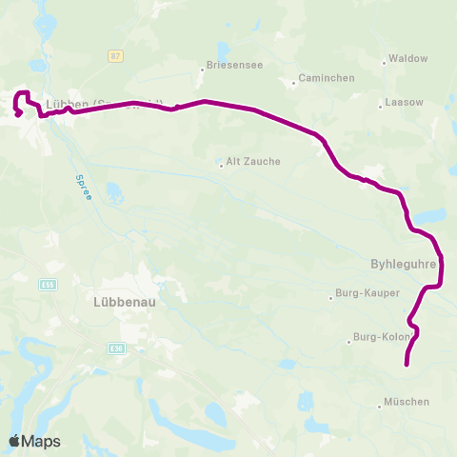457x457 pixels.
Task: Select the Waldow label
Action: click(408, 59)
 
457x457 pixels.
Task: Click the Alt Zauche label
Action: click(253, 162)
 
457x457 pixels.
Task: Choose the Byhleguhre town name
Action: click(402, 263)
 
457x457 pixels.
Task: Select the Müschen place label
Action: click(407, 402)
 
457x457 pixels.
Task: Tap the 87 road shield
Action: click(116, 56)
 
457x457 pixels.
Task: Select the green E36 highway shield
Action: click(115, 348)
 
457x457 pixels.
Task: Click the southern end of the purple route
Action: click(407, 364)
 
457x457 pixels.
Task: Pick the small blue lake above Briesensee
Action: click(224, 49)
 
